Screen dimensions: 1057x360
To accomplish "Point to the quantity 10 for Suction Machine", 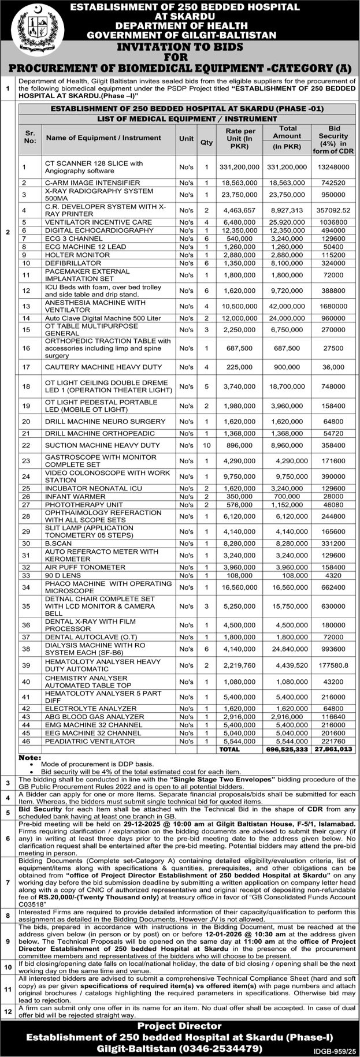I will click(206, 445).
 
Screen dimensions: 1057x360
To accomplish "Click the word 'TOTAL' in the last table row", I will click(229, 749).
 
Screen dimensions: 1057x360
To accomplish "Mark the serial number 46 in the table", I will click(26, 741).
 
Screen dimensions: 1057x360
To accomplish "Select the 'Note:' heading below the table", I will click(30, 757).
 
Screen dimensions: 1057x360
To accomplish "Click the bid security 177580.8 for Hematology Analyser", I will click(334, 666).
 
